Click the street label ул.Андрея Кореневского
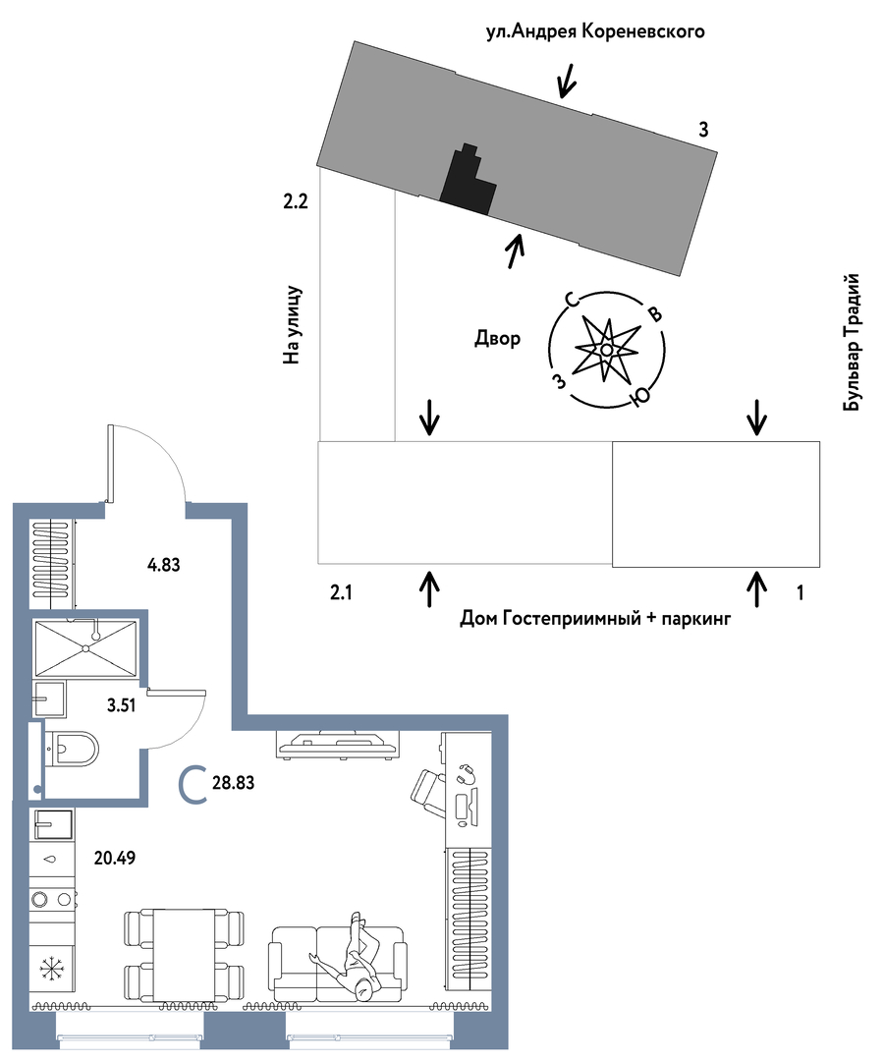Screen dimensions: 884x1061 click(595, 31)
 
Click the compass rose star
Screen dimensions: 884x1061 click(607, 349)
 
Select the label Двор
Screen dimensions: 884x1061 click(497, 338)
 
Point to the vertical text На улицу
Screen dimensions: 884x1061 click(292, 325)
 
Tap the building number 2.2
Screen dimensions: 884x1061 click(296, 201)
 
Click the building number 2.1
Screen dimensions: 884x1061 click(341, 593)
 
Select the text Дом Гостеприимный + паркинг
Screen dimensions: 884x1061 click(595, 619)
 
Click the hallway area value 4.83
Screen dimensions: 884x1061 click(164, 564)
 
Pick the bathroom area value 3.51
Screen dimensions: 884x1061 click(122, 705)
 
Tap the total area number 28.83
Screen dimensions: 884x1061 click(234, 783)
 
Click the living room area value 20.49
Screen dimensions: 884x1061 click(115, 858)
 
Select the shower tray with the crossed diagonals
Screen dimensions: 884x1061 click(85, 648)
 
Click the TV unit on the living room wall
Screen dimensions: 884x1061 click(338, 744)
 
